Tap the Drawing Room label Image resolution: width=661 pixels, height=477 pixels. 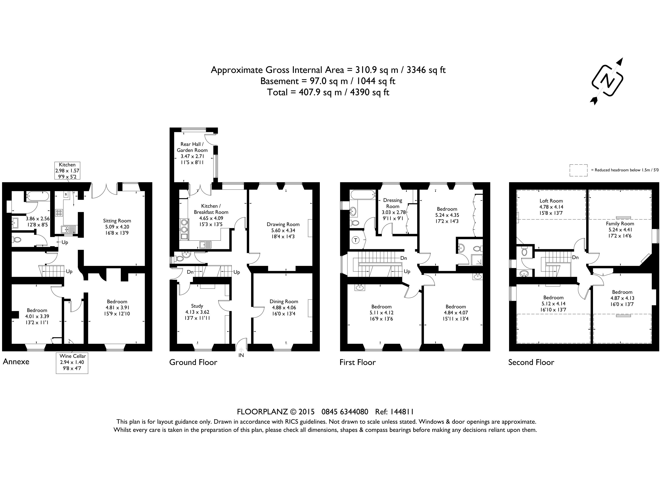tap(283, 224)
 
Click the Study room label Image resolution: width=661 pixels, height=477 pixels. tap(197, 306)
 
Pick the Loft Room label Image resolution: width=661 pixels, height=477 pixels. tap(551, 201)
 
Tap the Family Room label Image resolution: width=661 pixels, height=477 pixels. tap(620, 224)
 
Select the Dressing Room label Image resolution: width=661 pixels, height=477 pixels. tap(393, 203)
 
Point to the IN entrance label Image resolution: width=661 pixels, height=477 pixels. tap(241, 355)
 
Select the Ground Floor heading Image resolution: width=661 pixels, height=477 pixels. tap(193, 362)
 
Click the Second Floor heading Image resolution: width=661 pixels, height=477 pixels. tap(531, 362)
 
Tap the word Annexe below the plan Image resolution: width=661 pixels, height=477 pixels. tap(16, 361)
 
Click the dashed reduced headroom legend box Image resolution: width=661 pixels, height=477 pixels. tap(579, 170)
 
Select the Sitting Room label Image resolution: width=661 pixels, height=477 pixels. tap(117, 221)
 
